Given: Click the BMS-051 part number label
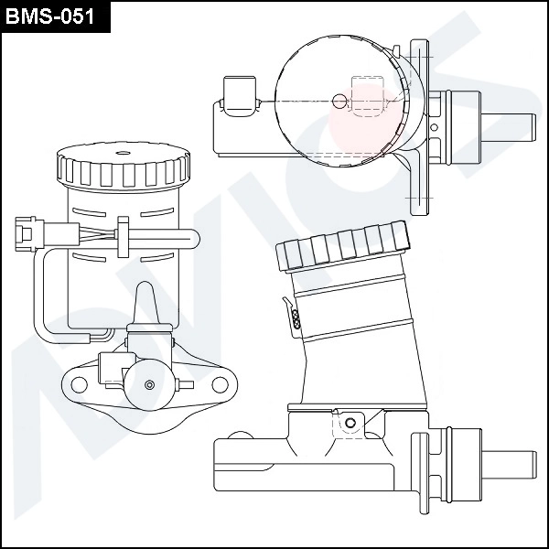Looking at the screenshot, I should pos(55,17).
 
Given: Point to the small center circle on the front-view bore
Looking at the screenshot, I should pos(147,382).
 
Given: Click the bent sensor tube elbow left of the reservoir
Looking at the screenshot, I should pos(41,325).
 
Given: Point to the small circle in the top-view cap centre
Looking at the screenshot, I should pos(339,101).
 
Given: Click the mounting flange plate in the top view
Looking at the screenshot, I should pos(419,128).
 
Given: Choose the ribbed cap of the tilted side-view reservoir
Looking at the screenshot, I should pos(343,246).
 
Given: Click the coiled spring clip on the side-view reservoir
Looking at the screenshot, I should pos(296,317).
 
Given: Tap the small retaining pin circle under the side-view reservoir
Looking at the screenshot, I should pos(347,422).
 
